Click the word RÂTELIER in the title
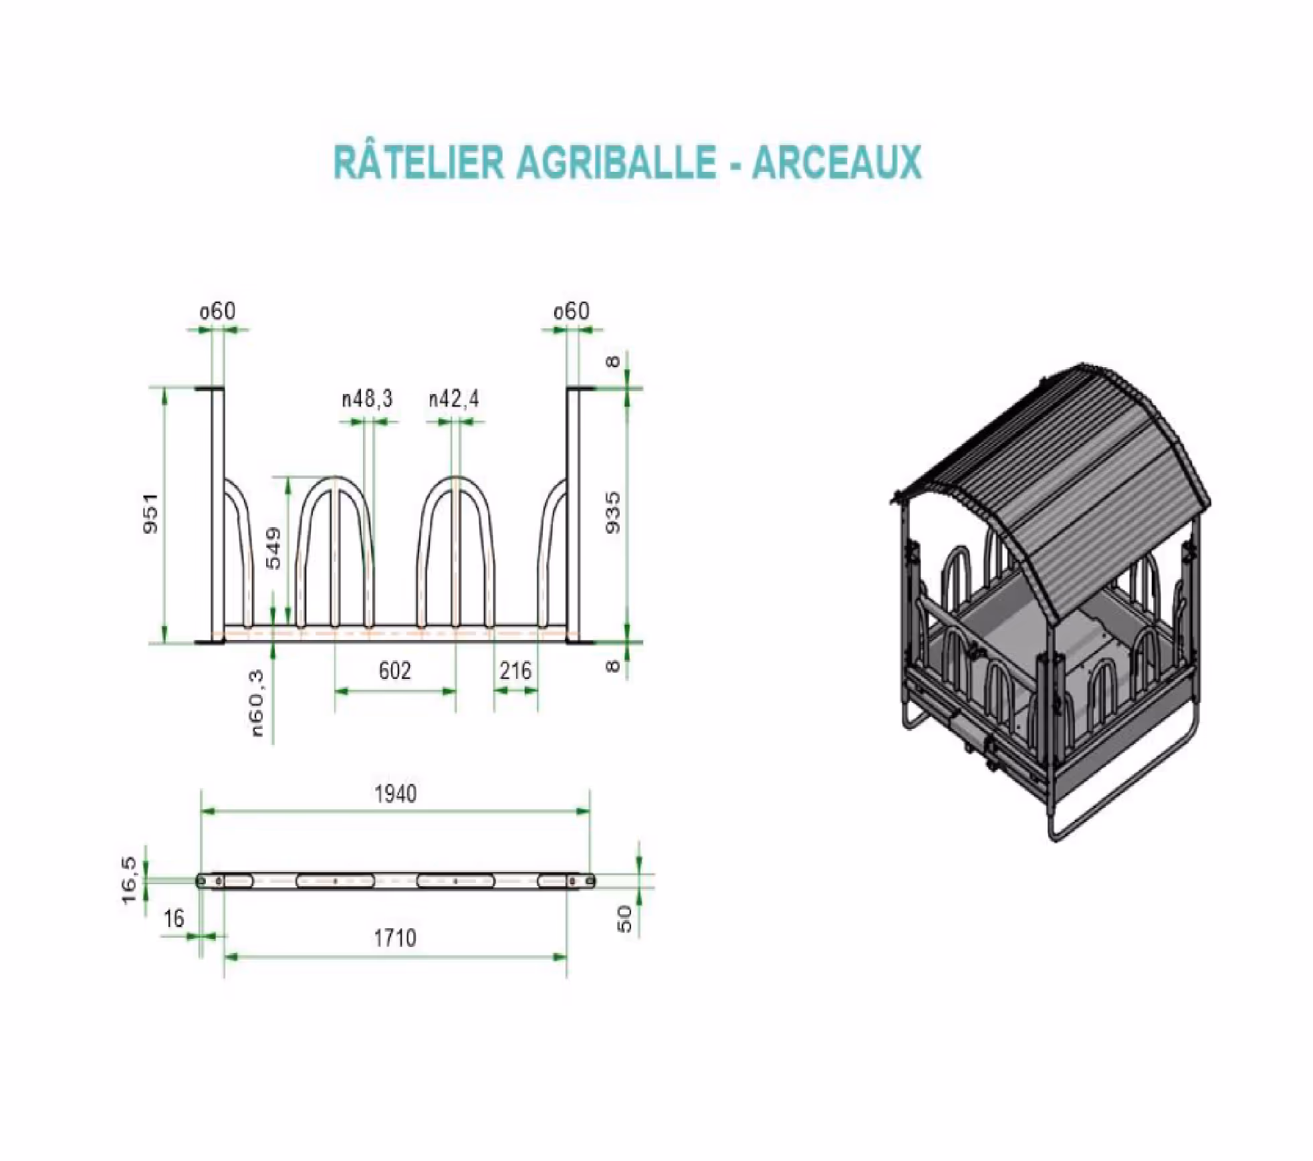[419, 163]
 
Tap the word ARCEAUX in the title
[836, 163]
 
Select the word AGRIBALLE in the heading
[616, 163]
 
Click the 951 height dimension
[152, 513]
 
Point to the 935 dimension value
[612, 513]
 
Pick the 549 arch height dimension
[274, 548]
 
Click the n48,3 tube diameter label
[367, 399]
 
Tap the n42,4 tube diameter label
[454, 399]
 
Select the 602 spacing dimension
[394, 671]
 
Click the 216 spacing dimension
[515, 671]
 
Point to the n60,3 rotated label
[257, 704]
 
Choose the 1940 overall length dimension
[395, 794]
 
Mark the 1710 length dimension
[394, 938]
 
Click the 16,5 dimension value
[129, 880]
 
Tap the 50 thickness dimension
[624, 918]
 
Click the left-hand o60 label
[218, 311]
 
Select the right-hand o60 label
[572, 311]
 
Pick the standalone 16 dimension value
[174, 919]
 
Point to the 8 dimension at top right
[612, 362]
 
